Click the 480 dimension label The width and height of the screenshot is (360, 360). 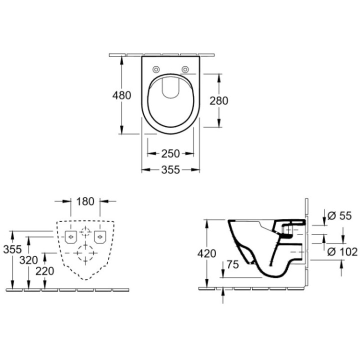[122, 95]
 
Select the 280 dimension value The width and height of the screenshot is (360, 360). [218, 100]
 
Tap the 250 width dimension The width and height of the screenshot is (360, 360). [171, 153]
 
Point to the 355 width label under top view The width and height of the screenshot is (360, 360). [171, 170]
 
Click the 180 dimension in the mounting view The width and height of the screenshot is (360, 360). [85, 202]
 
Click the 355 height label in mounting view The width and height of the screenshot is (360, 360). [10, 248]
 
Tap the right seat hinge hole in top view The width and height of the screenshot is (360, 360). [186, 69]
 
